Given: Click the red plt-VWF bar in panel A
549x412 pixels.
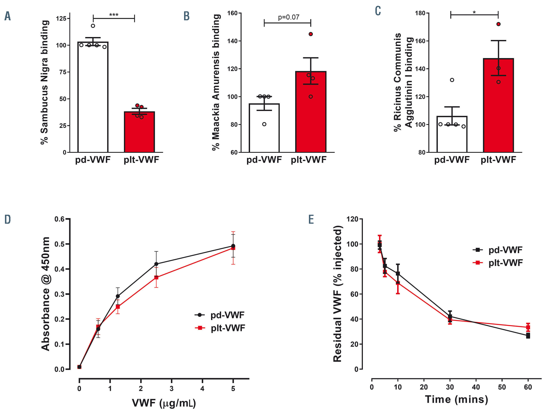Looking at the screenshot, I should click(139, 132).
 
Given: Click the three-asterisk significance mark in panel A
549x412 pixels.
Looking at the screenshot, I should click(114, 15).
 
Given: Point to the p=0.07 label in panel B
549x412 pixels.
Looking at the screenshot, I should click(289, 17).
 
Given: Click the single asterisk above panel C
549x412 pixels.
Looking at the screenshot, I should click(474, 12).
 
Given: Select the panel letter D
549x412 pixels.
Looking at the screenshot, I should click(8, 219).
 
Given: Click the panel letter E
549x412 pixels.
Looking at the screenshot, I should click(311, 219).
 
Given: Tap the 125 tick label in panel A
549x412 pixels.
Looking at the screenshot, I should click(61, 19).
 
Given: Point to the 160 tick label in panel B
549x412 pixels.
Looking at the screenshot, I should click(232, 13).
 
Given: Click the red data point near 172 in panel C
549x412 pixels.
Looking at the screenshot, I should click(498, 24).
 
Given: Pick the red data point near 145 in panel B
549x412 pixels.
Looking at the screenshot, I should click(311, 34).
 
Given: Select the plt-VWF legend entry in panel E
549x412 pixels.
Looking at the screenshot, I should click(498, 263).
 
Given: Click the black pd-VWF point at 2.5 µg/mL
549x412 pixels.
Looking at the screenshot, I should click(156, 264).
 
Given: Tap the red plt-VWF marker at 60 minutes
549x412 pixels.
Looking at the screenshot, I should click(528, 327).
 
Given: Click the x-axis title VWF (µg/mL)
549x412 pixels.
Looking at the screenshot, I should click(164, 403).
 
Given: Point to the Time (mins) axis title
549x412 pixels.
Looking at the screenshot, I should click(456, 400).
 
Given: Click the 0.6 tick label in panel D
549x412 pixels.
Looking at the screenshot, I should click(60, 219).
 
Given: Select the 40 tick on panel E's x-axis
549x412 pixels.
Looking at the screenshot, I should click(476, 387).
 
